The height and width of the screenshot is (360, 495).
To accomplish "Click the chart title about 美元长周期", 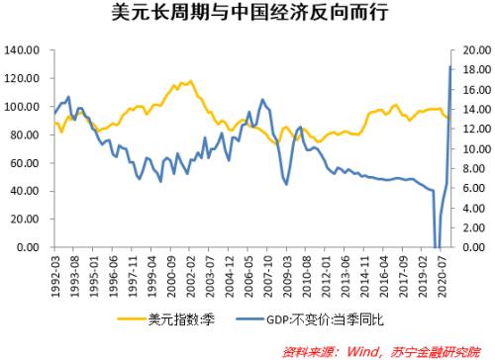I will tap(247, 14).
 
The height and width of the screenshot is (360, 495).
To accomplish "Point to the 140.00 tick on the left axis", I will tap(22, 49).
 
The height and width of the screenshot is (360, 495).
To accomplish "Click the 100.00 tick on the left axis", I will tap(22, 106).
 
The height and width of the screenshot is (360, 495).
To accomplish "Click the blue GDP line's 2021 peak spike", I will tap(450, 67).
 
